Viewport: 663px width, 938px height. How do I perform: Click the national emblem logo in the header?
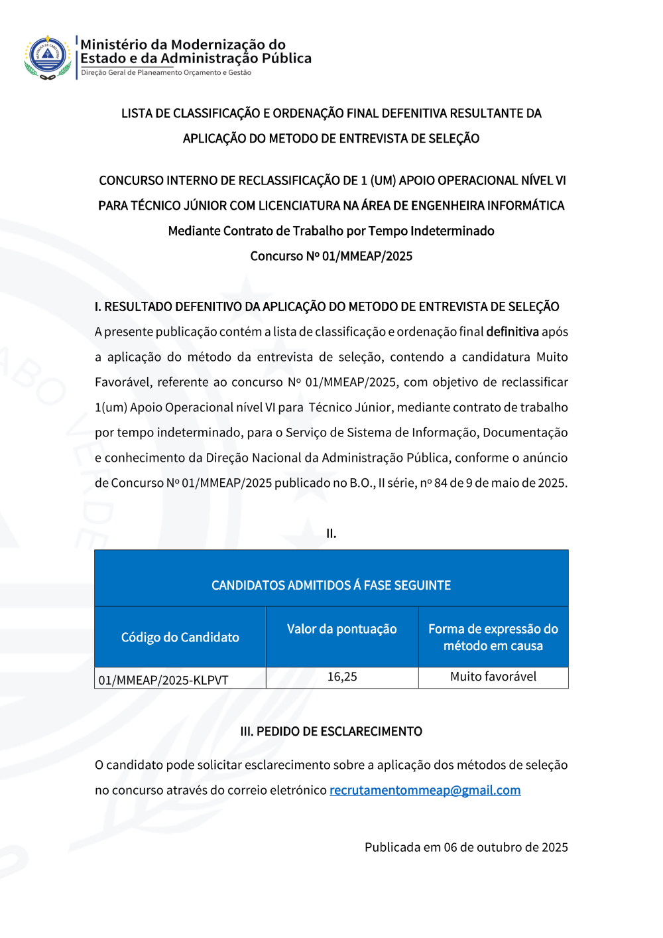coord(48,57)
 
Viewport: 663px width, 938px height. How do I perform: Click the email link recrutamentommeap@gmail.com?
coord(425,790)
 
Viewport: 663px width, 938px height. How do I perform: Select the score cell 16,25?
coord(342,677)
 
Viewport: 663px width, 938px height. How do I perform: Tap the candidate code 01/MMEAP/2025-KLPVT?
coord(164,680)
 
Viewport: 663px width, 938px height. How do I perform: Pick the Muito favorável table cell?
coord(493,677)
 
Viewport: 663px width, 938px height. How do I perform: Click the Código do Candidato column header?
coord(180,637)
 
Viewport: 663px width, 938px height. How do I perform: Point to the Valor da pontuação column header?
coord(342,629)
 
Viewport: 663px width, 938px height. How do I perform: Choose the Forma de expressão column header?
coord(493,637)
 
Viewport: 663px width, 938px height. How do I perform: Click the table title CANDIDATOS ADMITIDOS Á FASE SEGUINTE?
coord(331,585)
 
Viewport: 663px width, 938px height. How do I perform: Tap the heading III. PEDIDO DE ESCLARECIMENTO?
coord(331,731)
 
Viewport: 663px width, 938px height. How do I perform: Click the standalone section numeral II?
coord(331,533)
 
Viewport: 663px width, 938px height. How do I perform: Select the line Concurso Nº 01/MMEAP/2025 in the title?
coord(331,256)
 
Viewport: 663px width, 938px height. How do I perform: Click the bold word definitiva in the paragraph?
coord(512,332)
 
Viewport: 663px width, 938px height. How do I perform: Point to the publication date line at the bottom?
coord(466,847)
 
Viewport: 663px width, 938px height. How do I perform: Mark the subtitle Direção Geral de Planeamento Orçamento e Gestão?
coord(166,73)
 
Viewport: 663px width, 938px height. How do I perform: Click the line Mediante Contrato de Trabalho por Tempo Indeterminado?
coord(331,231)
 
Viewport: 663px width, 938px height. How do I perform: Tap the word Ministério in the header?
coord(114,44)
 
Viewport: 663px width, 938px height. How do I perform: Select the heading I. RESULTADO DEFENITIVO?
coord(327,306)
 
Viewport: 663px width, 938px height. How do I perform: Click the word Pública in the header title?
coord(286,58)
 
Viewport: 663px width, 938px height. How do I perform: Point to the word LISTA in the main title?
coord(137,113)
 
